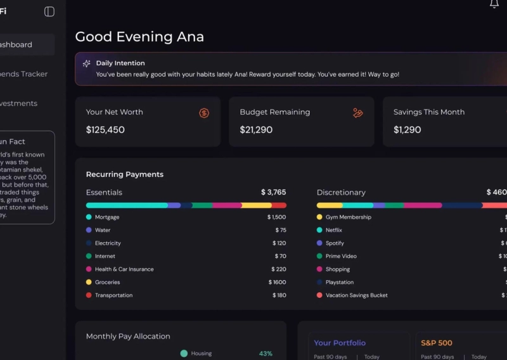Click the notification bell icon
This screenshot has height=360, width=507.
pos(494,4)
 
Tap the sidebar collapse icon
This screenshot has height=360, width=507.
pos(49,11)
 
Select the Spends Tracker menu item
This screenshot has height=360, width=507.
pos(23,74)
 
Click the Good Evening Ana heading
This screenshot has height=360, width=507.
pos(139,37)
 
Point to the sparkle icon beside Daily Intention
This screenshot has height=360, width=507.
pos(87,63)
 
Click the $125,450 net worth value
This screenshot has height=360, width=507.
pos(105,130)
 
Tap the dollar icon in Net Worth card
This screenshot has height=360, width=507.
pos(204,113)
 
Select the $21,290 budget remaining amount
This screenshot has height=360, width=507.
pos(256,130)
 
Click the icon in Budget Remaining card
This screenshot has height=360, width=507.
pos(357,113)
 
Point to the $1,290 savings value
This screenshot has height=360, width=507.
pos(407,130)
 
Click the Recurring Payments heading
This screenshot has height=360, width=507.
pos(125,174)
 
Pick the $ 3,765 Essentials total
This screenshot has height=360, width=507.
pos(273,192)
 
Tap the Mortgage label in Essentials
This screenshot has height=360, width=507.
pos(107,217)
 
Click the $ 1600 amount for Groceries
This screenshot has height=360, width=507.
pos(277,282)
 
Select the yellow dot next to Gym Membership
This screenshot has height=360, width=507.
pos(319,217)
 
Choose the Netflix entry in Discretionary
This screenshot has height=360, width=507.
pos(333,230)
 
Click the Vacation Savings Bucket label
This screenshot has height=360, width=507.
pos(356,295)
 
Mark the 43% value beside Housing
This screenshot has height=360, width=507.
pos(266,354)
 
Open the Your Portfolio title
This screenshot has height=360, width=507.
pos(340,343)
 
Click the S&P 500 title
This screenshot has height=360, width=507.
pos(437,343)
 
